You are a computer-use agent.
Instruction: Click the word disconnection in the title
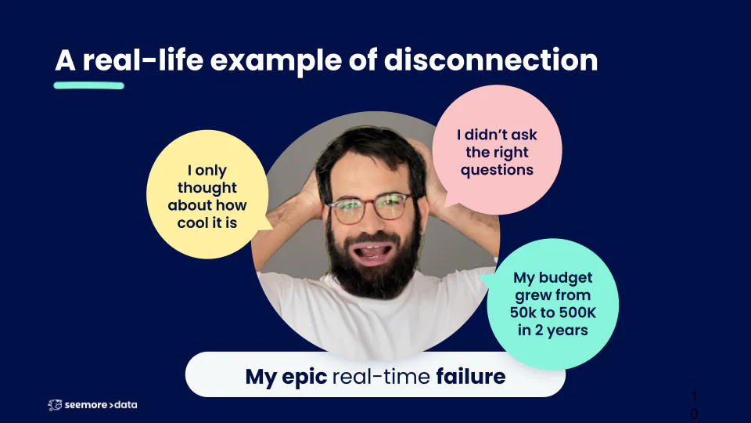(x=491, y=60)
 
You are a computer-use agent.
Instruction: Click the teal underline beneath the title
(x=89, y=85)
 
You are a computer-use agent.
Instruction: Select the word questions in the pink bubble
(x=498, y=170)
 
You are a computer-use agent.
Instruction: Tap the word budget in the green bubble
(x=566, y=278)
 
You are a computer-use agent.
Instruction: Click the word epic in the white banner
(x=304, y=378)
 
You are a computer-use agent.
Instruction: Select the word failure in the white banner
(x=471, y=377)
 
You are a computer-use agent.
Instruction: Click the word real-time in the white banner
(x=381, y=377)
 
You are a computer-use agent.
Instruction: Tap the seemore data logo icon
(x=55, y=405)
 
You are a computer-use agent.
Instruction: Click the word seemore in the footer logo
(x=86, y=405)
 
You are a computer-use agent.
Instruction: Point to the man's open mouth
(x=372, y=251)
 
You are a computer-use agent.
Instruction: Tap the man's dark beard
(x=373, y=269)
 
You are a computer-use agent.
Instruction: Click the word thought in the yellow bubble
(x=207, y=188)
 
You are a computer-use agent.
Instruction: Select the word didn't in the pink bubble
(x=482, y=135)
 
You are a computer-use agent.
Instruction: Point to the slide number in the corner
(x=694, y=405)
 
